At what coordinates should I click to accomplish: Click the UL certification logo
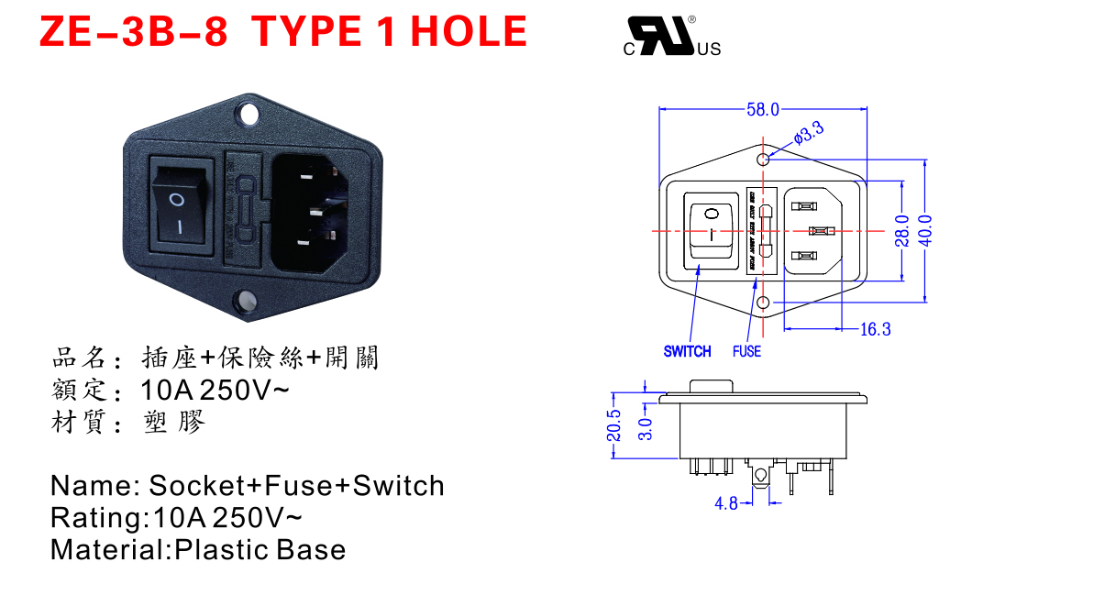point(672,37)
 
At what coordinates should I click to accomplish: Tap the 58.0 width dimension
point(762,110)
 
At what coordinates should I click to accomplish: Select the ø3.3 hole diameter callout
point(809,133)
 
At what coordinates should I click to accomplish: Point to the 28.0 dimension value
point(902,230)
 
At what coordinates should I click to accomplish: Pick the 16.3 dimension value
point(875,329)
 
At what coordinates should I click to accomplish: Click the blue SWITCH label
point(687,351)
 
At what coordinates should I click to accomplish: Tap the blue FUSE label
point(746,351)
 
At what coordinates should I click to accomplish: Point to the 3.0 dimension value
point(644,427)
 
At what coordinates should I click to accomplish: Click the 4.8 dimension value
point(726,503)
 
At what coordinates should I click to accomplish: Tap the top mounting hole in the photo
point(248,115)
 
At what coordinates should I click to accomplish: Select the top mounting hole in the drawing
point(763,159)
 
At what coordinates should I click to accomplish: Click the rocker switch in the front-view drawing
point(712,231)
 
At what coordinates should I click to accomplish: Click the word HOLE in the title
point(469,32)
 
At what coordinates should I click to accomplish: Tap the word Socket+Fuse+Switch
point(296,485)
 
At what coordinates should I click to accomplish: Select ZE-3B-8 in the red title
point(133,32)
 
